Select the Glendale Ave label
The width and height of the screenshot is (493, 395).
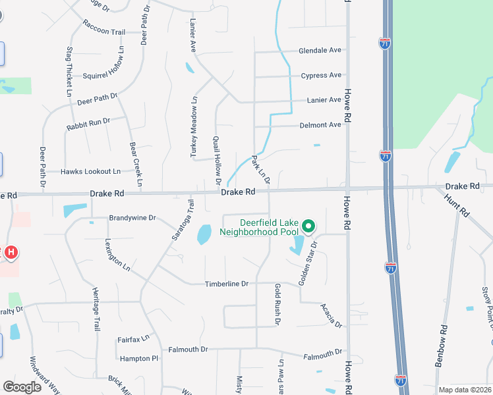point(320,50)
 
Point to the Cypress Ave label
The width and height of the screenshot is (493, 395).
point(321,75)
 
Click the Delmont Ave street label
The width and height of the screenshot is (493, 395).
point(320,124)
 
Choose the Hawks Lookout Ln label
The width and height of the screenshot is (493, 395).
point(91,171)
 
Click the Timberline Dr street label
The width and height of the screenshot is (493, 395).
point(226,284)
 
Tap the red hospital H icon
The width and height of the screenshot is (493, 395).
point(11,251)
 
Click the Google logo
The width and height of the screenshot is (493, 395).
point(22,387)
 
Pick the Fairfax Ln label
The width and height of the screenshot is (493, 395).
point(134,339)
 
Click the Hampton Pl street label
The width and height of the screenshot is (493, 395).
point(139,359)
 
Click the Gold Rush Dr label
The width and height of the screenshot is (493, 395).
point(277,304)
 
